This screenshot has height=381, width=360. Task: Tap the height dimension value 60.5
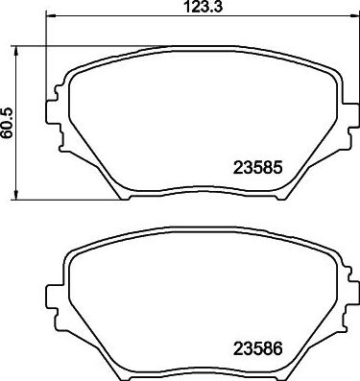tap(10, 123)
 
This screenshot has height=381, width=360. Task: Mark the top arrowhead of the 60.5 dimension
tap(22, 49)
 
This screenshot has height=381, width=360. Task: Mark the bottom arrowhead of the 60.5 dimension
tap(22, 196)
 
